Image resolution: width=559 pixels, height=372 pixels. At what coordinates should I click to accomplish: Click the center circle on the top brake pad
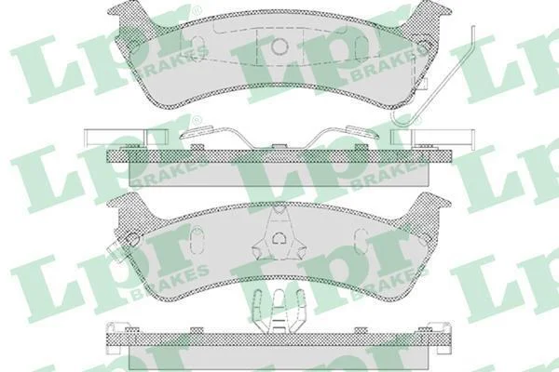pos(279,47)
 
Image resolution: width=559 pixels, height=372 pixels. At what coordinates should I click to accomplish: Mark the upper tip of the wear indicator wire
pos(473,26)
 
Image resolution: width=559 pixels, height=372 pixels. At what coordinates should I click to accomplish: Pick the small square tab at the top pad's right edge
pos(422,83)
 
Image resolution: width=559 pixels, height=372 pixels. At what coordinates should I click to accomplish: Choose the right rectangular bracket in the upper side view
pos(432,137)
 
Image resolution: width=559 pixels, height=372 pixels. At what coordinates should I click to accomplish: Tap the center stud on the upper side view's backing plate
pos(279,146)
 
